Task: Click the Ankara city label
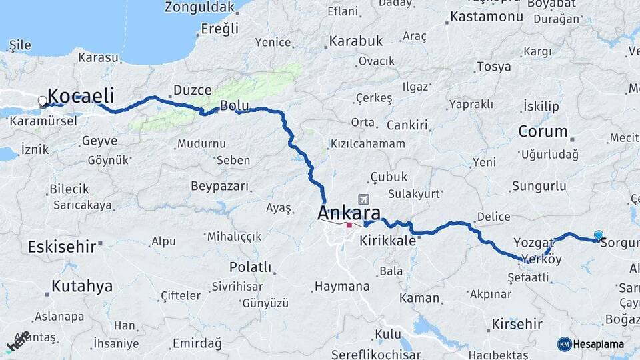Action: click(x=349, y=213)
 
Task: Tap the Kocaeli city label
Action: click(x=81, y=95)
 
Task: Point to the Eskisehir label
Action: click(x=62, y=247)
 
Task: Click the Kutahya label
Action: click(x=83, y=287)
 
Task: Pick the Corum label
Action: click(x=543, y=131)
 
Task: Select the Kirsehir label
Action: click(x=517, y=325)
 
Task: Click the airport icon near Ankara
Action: click(x=363, y=199)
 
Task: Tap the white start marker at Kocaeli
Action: click(x=43, y=102)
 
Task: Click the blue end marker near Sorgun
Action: click(x=599, y=235)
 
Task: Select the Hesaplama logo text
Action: click(x=598, y=344)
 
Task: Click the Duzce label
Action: click(x=192, y=90)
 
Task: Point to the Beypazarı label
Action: click(x=219, y=186)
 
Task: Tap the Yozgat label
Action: click(x=535, y=242)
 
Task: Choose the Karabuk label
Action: click(x=356, y=41)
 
